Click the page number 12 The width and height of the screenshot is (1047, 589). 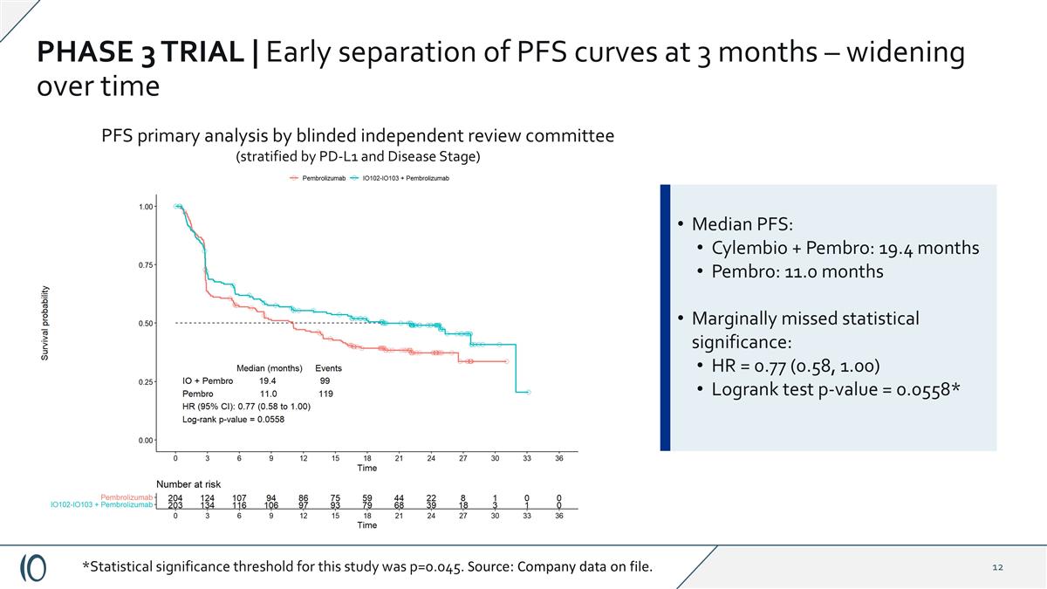[998, 568]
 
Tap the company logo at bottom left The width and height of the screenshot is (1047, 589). [33, 567]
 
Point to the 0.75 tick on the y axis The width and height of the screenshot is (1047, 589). [144, 264]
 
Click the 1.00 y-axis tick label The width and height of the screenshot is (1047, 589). [144, 207]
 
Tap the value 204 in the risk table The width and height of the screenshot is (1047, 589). [175, 497]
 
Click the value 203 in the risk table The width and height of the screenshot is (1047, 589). [175, 505]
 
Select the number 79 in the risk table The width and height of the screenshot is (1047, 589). [367, 505]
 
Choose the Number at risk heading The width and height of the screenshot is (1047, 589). [188, 483]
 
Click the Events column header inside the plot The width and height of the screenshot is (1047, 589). [328, 368]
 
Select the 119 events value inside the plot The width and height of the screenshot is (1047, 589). [325, 394]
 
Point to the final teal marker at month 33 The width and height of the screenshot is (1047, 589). [528, 393]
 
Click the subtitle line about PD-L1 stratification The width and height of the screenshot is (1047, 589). [358, 156]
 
